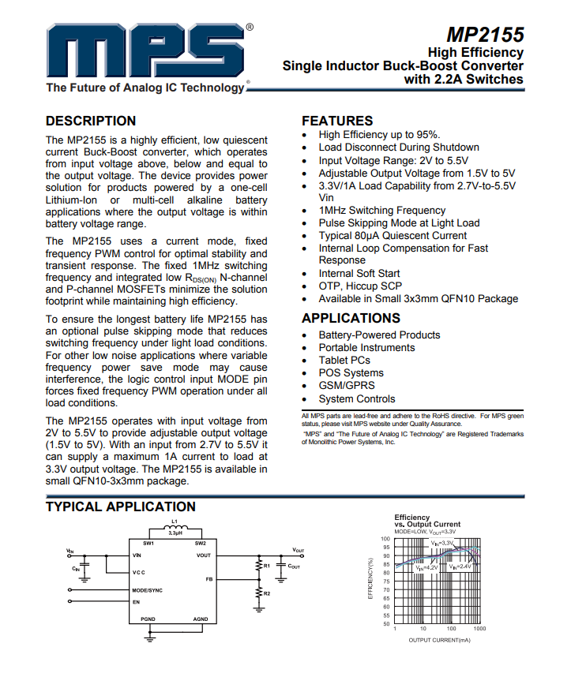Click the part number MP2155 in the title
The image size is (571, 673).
484,36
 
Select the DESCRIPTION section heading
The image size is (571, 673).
91,121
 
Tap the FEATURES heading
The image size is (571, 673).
337,121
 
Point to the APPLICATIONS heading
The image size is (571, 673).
351,318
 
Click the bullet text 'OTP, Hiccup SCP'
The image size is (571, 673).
360,286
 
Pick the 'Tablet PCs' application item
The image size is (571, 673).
344,360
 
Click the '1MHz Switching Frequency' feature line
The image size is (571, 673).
381,210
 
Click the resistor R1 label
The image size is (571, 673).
267,566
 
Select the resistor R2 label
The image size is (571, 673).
267,593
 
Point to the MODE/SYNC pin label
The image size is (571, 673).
147,590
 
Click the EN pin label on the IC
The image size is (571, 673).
136,601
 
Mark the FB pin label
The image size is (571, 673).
208,579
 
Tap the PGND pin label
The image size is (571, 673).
148,619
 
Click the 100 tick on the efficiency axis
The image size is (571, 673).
385,539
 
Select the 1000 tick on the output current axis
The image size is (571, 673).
479,629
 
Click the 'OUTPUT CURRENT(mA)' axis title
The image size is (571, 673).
439,640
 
